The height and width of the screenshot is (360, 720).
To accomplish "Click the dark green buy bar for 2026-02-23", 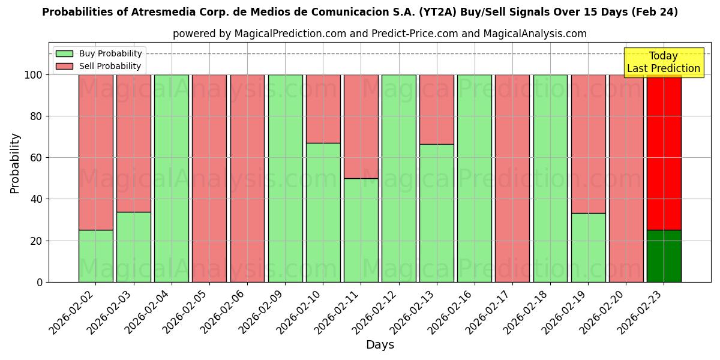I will point(664,256).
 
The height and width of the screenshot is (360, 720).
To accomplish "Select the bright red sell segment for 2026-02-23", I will point(664,152).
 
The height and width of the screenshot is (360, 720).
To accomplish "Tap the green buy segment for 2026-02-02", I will point(95,256).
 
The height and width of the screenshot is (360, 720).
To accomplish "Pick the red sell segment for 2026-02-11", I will point(361,126).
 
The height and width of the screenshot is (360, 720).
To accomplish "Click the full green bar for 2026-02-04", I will point(171,178).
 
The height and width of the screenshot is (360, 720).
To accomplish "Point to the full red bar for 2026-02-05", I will point(209,178).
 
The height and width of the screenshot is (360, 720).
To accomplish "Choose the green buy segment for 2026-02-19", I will point(588,247).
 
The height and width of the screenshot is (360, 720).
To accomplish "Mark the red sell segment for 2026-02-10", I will point(323,109).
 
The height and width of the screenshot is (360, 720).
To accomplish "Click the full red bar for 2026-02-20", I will point(626,178).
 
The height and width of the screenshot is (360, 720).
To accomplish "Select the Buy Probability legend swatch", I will point(64,54).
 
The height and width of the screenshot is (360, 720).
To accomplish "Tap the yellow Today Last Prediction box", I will point(663,62).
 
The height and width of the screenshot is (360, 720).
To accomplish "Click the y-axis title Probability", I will point(15,163).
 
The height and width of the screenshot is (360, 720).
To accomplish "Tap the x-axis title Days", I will point(380,345).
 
